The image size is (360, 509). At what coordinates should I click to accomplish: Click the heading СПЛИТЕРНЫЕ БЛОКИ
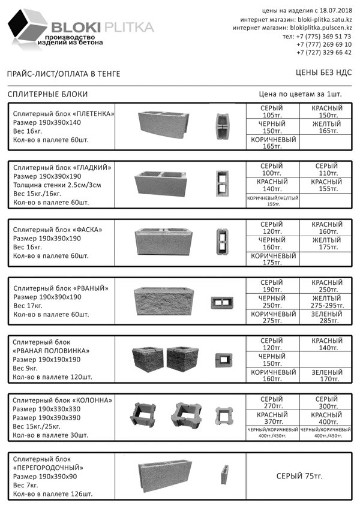point(48,94)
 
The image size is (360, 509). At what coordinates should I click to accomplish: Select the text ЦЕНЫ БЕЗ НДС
point(323,73)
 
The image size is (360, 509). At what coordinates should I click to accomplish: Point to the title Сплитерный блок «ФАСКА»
point(58,230)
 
